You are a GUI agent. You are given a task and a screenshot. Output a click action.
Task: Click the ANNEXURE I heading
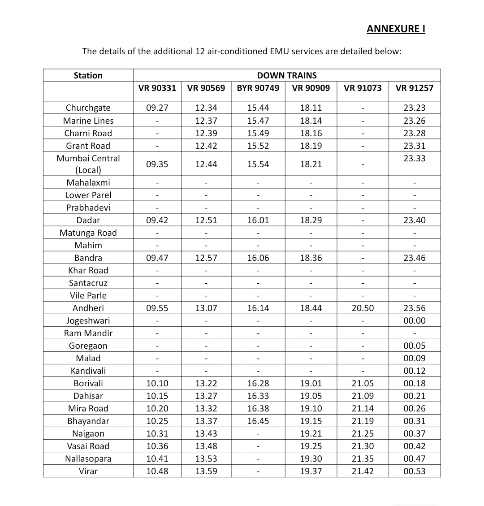[396, 29]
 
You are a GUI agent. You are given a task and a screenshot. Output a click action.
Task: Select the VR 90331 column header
[157, 88]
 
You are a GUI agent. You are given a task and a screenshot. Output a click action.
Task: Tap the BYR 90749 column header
[258, 88]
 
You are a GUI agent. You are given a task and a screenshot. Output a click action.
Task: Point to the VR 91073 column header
[363, 88]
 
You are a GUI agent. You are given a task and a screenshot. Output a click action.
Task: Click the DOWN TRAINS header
[287, 75]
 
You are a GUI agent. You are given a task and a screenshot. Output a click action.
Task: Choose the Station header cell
[88, 75]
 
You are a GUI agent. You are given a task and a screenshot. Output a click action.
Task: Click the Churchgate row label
[88, 108]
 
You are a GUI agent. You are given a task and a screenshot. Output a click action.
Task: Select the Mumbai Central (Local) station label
[88, 164]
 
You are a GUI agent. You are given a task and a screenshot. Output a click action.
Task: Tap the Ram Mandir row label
[88, 333]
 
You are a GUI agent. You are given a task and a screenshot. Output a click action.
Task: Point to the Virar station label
[88, 471]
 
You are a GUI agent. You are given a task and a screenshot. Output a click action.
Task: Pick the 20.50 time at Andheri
[363, 308]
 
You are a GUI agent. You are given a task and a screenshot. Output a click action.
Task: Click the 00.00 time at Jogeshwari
[415, 320]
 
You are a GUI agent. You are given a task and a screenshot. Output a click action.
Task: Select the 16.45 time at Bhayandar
[258, 421]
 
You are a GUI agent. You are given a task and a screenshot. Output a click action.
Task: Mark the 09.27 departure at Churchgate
[157, 108]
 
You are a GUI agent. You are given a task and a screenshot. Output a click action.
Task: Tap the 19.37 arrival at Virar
[311, 471]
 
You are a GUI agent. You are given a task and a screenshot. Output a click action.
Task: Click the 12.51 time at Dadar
[206, 220]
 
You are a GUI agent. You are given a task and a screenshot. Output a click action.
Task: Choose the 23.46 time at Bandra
[415, 258]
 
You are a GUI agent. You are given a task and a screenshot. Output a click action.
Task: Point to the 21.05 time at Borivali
[363, 383]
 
